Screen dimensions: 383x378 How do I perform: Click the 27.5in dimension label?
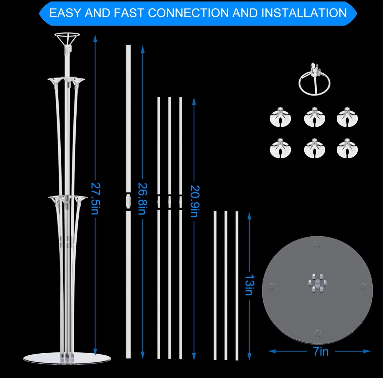coord(95,198)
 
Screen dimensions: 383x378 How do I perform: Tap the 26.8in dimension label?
coord(143,198)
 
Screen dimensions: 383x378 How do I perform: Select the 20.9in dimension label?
coord(195,201)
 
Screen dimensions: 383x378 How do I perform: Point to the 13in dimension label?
coord(250,285)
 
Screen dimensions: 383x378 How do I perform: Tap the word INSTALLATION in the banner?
coord(304,13)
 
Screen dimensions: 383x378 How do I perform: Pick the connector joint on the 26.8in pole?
coord(128,201)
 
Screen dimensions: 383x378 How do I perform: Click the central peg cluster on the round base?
coord(317,283)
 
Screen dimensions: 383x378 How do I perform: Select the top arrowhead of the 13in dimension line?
coord(250,216)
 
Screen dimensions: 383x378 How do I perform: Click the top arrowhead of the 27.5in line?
coord(95,39)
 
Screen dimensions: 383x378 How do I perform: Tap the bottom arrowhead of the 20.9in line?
coord(194,356)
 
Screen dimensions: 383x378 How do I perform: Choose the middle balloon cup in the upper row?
coord(314,117)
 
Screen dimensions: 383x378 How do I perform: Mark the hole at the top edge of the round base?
coord(317,244)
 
